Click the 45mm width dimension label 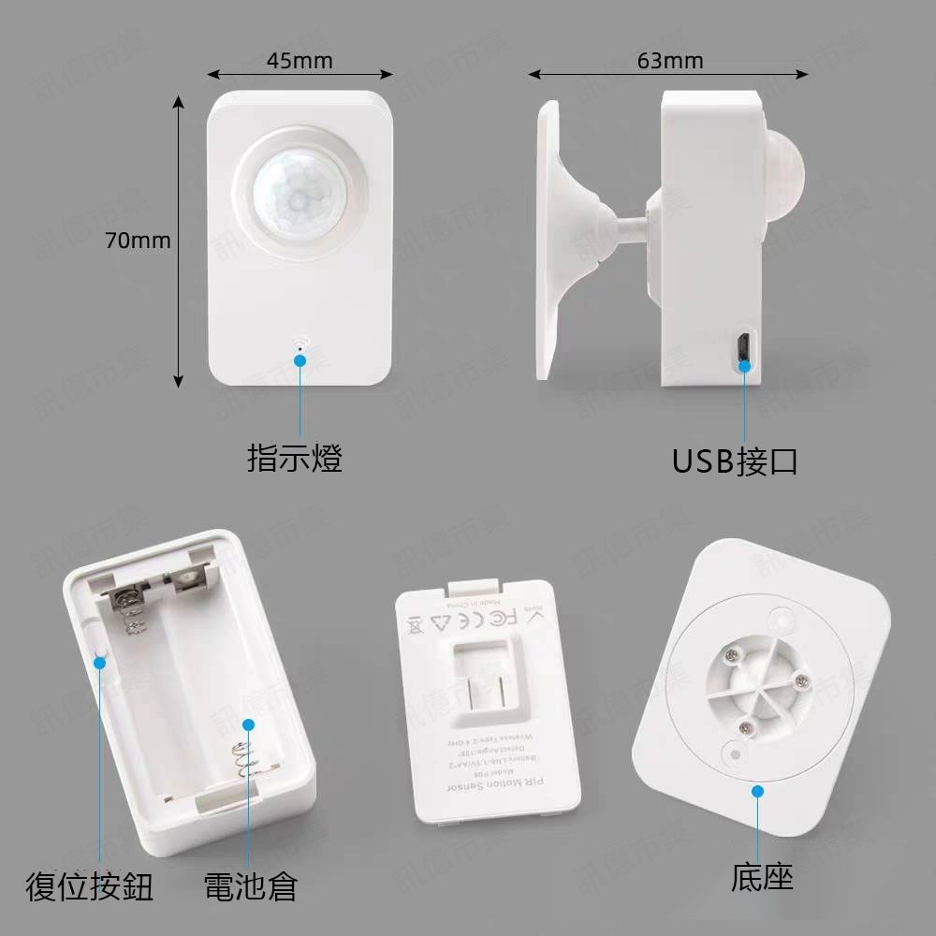click(x=300, y=62)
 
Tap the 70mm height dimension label click(x=138, y=241)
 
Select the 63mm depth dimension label click(x=670, y=62)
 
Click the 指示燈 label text click(x=295, y=459)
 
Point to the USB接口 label click(x=735, y=461)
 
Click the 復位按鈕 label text click(x=89, y=886)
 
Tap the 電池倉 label click(x=250, y=886)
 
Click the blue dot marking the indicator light click(x=300, y=358)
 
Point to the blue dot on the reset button click(x=99, y=662)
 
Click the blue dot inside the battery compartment click(x=248, y=724)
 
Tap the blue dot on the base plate click(x=758, y=791)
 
